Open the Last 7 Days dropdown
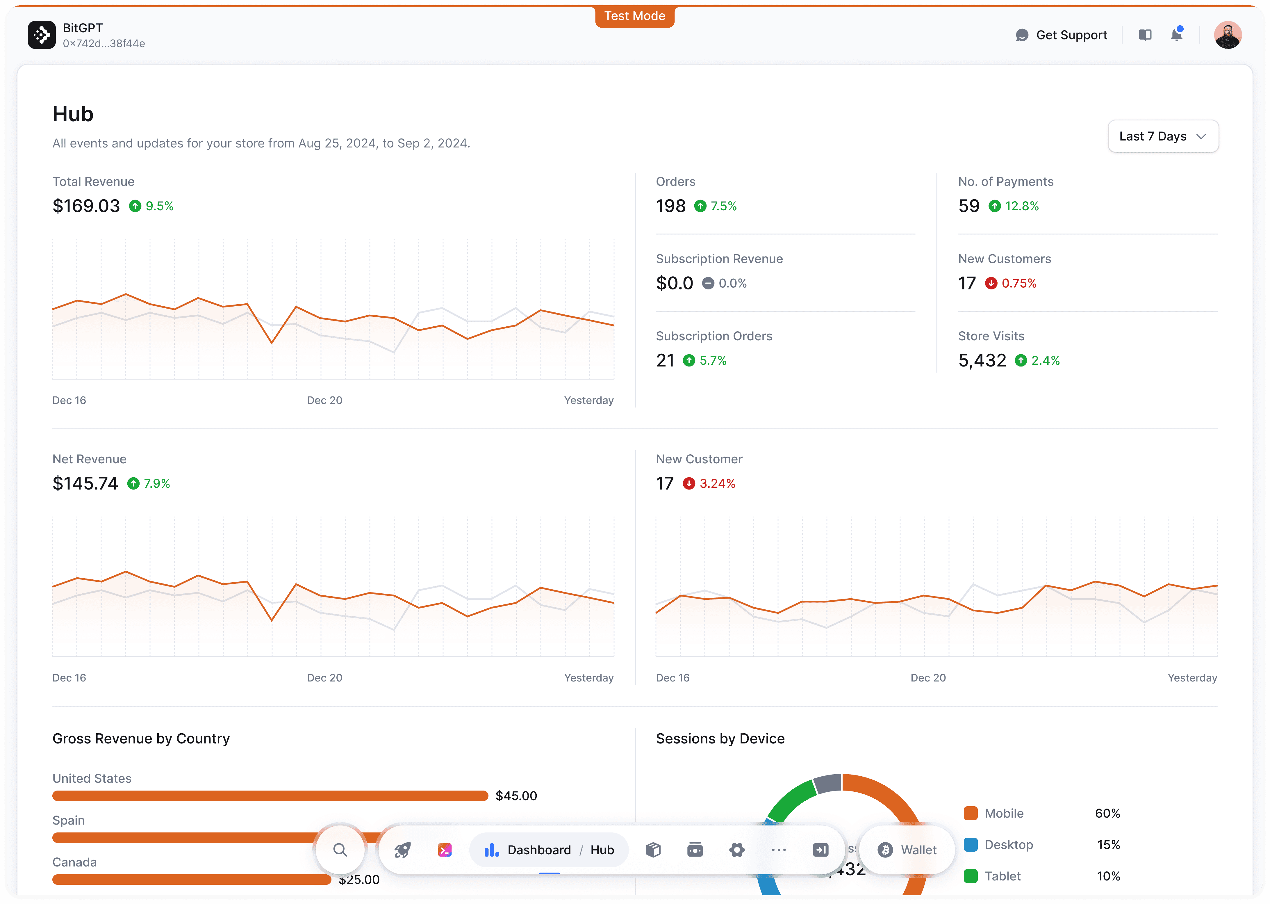click(1163, 136)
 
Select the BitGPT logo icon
click(42, 35)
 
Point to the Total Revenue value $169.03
click(86, 206)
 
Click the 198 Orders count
click(670, 206)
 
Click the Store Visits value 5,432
click(982, 361)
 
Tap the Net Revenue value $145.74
click(85, 483)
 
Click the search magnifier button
click(340, 850)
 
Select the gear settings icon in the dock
click(736, 850)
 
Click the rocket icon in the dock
click(402, 850)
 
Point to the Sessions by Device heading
click(720, 739)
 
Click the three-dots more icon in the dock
click(778, 850)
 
